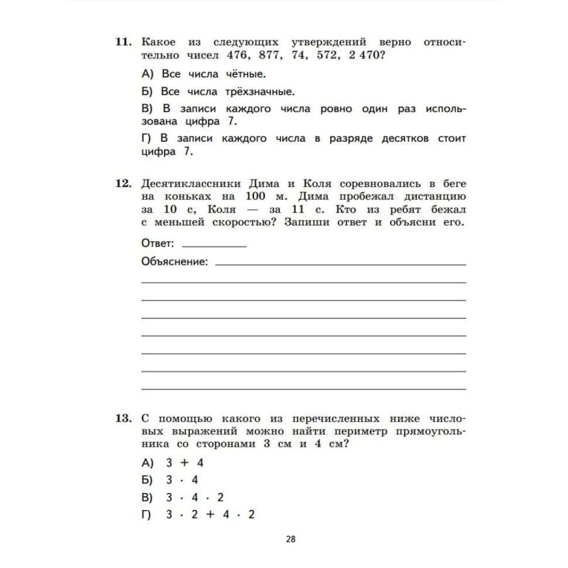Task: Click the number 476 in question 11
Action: point(237,56)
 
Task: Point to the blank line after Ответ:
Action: point(214,245)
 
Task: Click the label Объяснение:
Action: point(174,262)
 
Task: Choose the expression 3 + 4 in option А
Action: point(184,463)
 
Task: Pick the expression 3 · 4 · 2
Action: point(194,498)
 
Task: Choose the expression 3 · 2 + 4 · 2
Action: point(210,515)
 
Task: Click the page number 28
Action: point(291,539)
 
